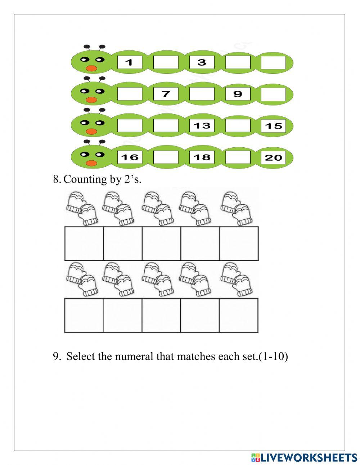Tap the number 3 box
(x=202, y=62)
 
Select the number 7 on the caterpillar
(x=166, y=94)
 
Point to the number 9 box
(x=238, y=94)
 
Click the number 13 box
(x=202, y=125)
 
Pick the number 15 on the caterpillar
(x=273, y=126)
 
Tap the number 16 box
(x=130, y=157)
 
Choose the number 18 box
(x=202, y=157)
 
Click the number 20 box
(x=273, y=157)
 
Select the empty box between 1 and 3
(x=166, y=62)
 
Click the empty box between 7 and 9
(x=202, y=94)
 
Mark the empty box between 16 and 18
(x=166, y=157)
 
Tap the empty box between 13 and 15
(x=238, y=125)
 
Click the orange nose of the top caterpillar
(x=91, y=68)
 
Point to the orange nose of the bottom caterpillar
(x=91, y=163)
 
